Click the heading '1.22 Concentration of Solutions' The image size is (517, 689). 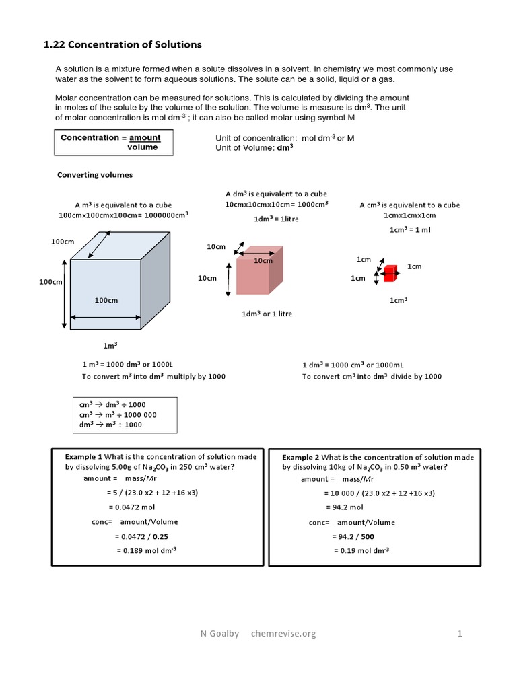click(122, 45)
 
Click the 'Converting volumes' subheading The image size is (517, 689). click(94, 175)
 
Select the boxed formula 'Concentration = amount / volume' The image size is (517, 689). click(114, 143)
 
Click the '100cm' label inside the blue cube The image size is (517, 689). click(106, 300)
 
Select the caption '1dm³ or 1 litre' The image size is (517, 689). click(267, 314)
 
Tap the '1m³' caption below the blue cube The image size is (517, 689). click(110, 346)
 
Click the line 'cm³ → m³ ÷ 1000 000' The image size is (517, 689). click(118, 415)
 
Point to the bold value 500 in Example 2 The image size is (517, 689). click(367, 537)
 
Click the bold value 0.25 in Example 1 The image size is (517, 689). click(160, 536)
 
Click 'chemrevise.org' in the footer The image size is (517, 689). click(283, 633)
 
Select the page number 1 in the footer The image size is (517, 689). click(460, 633)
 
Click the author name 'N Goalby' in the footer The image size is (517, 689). click(219, 633)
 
